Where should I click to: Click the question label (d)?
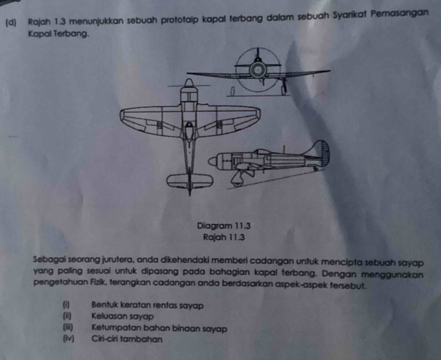tap(11, 23)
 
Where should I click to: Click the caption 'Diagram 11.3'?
tap(224, 226)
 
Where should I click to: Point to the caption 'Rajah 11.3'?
tap(224, 237)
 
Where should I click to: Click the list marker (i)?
tap(66, 305)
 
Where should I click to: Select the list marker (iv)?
tap(68, 339)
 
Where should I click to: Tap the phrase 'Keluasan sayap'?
tap(122, 316)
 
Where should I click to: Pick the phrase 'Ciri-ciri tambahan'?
tap(127, 339)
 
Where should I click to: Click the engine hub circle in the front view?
tap(258, 70)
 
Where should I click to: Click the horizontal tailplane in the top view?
tap(190, 181)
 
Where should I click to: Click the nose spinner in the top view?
tap(189, 83)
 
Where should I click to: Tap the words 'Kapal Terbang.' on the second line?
tap(58, 34)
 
